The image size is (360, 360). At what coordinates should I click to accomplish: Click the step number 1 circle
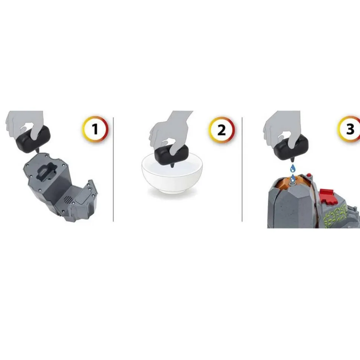tap(95, 129)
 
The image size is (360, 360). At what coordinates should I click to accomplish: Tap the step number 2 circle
tap(222, 130)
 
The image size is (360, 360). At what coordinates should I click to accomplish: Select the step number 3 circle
tap(350, 129)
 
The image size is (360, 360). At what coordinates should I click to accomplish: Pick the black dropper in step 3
tap(291, 148)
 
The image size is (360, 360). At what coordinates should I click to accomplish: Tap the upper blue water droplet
tap(293, 168)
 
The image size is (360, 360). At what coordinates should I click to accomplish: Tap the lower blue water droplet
tap(292, 179)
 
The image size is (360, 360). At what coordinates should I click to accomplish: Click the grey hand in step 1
tap(25, 125)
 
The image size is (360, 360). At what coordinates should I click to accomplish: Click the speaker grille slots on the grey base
tap(68, 200)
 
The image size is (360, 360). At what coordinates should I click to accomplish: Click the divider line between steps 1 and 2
tap(114, 170)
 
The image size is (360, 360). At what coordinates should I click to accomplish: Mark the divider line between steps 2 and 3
tap(242, 170)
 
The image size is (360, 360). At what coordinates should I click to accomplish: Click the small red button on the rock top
tap(309, 175)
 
